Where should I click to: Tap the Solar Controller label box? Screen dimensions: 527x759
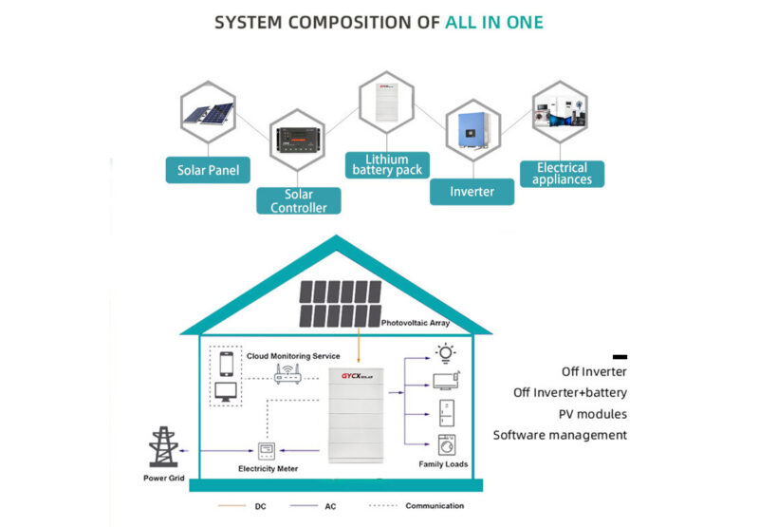299,199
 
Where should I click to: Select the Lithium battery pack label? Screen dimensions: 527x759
386,164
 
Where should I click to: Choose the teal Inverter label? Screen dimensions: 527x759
472,191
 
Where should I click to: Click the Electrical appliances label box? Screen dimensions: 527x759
563,173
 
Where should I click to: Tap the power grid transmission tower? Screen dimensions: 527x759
164,446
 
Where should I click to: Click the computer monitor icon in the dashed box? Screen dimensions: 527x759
226,392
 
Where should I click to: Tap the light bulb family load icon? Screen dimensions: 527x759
445,354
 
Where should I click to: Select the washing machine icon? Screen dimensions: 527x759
445,444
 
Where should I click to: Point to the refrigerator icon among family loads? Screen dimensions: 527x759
445,413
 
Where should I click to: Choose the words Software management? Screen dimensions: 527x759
560,435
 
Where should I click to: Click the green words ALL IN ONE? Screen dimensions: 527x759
494,22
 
